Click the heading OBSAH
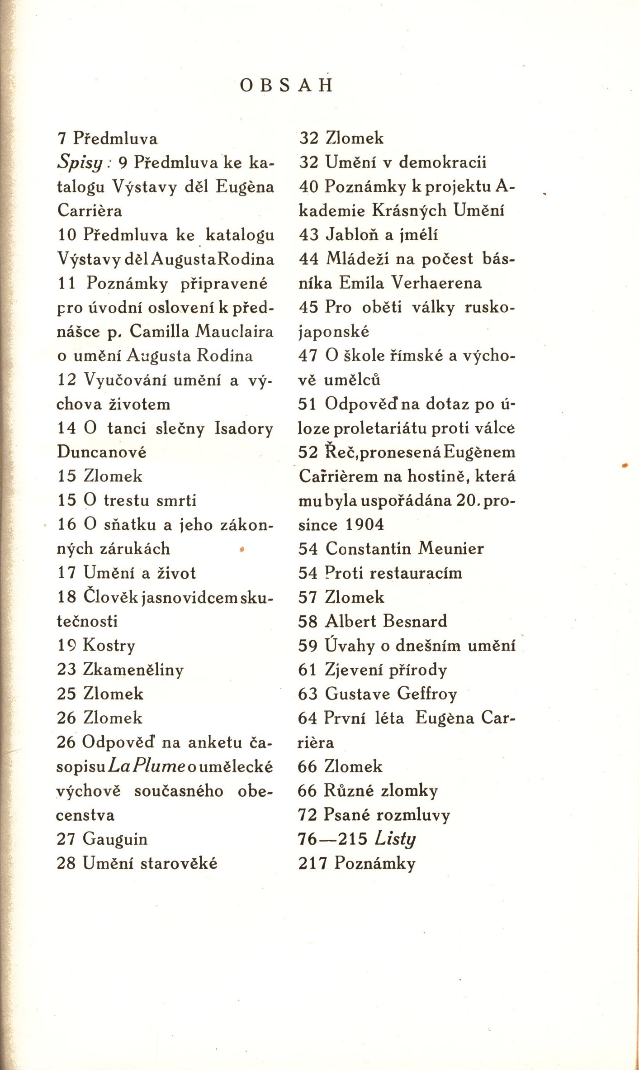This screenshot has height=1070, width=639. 287,86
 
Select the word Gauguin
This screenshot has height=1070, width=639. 115,840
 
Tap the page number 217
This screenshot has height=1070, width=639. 312,864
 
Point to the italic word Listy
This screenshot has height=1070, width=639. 395,840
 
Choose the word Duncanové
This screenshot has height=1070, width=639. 102,452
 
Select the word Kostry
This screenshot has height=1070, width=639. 109,646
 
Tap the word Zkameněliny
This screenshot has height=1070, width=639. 133,670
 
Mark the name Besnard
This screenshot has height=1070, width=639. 415,621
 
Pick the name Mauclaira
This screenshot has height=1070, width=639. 234,332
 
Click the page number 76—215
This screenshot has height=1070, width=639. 332,840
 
